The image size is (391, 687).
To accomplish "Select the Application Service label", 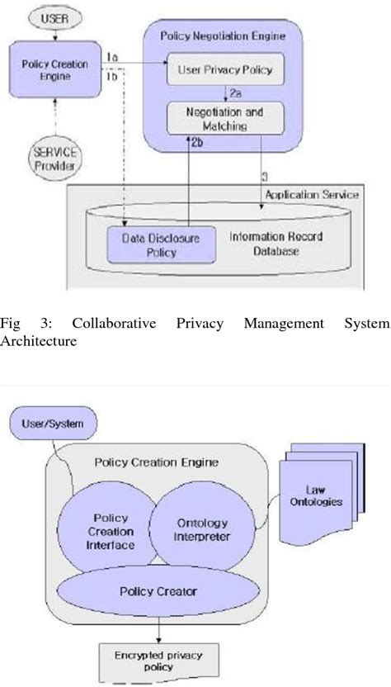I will (x=310, y=195).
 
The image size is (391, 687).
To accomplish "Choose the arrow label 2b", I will (x=197, y=144).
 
